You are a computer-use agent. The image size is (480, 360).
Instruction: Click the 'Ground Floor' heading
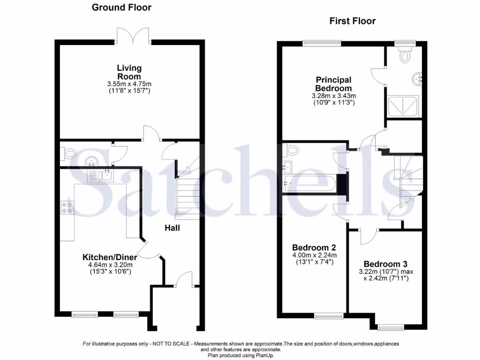coord(121,7)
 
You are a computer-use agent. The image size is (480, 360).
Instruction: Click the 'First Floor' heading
coord(352,21)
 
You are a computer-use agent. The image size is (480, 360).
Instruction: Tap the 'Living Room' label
coord(129,72)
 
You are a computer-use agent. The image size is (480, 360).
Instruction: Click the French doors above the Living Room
coord(134,35)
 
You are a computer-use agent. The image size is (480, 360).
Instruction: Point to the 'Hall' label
coord(172,228)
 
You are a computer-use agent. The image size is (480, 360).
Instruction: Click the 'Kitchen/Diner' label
coord(110,257)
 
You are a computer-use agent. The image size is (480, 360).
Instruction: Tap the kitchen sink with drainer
coord(99,176)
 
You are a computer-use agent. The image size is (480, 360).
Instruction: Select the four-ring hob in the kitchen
coord(67,207)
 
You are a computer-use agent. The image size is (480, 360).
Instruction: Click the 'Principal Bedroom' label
coord(333,84)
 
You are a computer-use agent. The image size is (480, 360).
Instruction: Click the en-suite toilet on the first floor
coord(404,55)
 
